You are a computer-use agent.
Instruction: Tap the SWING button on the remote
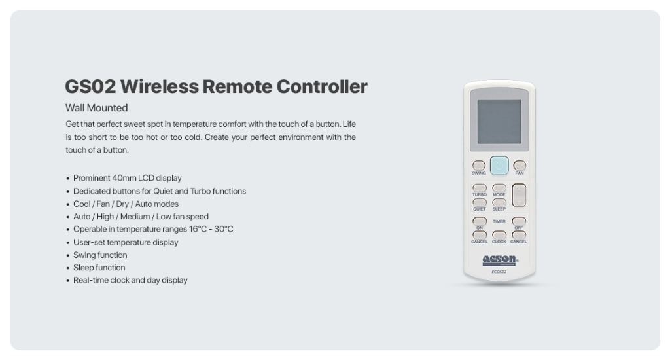[479, 166]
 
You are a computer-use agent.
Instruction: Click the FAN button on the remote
[520, 166]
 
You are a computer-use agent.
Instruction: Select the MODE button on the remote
[499, 188]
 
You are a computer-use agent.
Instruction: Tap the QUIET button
[480, 203]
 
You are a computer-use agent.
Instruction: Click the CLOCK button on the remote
[499, 235]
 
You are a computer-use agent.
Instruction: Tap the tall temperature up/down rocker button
[520, 194]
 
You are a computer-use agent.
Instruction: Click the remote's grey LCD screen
[499, 122]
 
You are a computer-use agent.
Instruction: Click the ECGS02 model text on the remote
[499, 271]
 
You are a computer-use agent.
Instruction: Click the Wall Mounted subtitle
[96, 108]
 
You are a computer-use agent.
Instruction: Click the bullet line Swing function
[100, 255]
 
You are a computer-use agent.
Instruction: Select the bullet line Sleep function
[99, 268]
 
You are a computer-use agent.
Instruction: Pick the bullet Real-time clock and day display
[130, 280]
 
